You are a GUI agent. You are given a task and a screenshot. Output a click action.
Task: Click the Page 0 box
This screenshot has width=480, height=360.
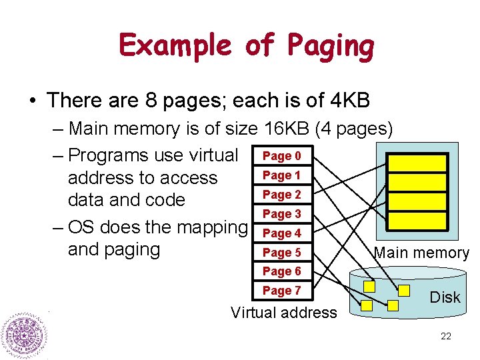click(x=281, y=156)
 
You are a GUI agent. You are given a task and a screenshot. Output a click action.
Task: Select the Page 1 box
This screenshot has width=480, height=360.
click(x=281, y=175)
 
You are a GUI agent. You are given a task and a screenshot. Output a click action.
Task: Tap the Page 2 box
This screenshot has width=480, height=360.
click(x=281, y=195)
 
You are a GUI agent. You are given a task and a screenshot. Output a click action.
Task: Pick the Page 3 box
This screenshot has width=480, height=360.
click(x=281, y=214)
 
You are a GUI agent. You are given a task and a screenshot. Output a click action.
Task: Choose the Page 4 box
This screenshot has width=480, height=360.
click(x=281, y=233)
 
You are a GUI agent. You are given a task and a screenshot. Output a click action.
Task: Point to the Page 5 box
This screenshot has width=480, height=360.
click(x=281, y=253)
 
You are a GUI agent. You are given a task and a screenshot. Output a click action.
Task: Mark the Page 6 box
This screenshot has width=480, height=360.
click(x=281, y=271)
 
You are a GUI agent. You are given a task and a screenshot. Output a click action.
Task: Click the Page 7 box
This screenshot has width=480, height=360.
click(x=281, y=291)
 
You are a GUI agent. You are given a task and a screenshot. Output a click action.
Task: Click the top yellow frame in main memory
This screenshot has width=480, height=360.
click(x=417, y=163)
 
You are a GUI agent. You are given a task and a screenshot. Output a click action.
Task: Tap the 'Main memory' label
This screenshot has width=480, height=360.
click(x=421, y=253)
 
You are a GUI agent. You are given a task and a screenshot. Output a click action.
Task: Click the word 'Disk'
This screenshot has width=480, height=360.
click(x=445, y=297)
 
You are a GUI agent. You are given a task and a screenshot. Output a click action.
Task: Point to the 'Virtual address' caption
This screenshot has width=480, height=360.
click(x=283, y=313)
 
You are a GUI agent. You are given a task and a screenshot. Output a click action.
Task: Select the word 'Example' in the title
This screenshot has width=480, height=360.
click(x=175, y=47)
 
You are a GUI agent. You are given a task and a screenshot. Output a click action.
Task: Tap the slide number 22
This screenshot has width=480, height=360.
click(x=446, y=336)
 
